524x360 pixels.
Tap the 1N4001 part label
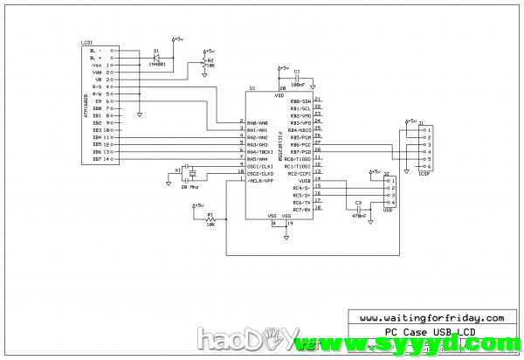pyautogui.click(x=157, y=64)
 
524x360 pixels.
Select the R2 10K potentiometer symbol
pyautogui.click(x=203, y=64)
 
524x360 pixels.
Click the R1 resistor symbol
pyautogui.click(x=210, y=219)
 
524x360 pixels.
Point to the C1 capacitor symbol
pyautogui.click(x=297, y=78)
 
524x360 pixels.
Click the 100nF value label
pyautogui.click(x=298, y=85)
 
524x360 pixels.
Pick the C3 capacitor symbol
pyautogui.click(x=358, y=209)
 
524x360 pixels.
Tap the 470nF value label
pyautogui.click(x=358, y=216)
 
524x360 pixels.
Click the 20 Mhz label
pyautogui.click(x=190, y=186)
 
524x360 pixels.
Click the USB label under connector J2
pyautogui.click(x=389, y=210)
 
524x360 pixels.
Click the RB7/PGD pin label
pyautogui.click(x=300, y=151)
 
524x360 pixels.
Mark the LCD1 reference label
pyautogui.click(x=86, y=42)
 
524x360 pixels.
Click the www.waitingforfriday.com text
pyautogui.click(x=431, y=318)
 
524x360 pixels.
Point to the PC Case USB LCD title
pyautogui.click(x=431, y=332)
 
